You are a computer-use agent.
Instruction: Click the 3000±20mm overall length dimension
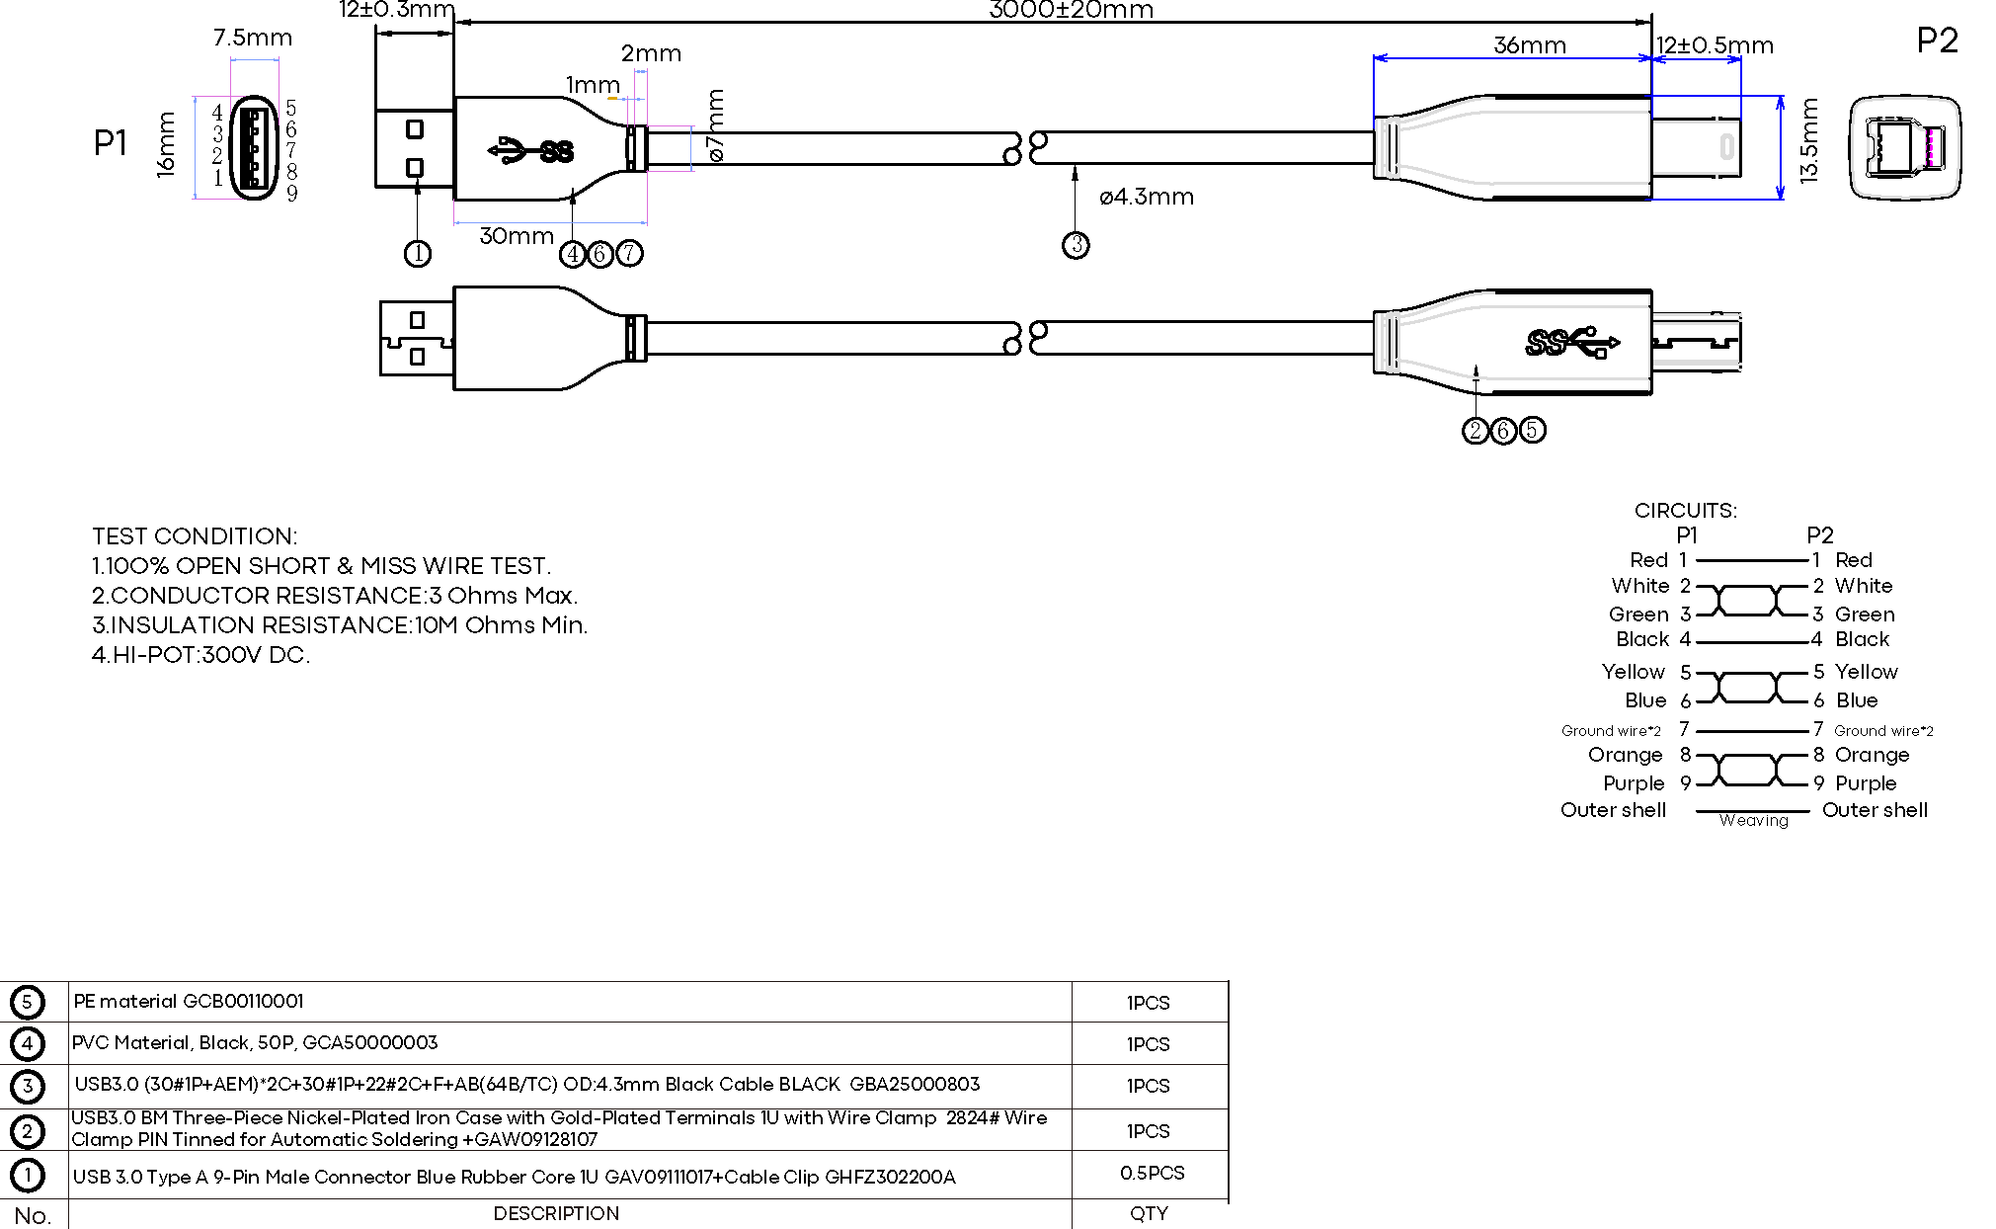(x=1071, y=11)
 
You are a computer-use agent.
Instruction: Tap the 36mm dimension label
(x=1529, y=45)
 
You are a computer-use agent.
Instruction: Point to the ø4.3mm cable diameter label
(x=1146, y=197)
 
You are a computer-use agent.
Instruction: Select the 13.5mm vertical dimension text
(x=1808, y=141)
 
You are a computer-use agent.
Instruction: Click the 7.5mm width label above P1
(x=253, y=39)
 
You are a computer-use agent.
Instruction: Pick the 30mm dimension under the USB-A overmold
(x=516, y=236)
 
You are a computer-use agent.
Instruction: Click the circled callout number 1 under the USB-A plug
(x=418, y=254)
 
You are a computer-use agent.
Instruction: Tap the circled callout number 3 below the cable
(x=1076, y=245)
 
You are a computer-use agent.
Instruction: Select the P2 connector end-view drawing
(x=1903, y=148)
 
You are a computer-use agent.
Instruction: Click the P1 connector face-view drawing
(x=254, y=148)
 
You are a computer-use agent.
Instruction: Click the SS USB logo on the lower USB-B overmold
(x=1571, y=343)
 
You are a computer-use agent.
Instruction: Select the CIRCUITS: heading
(x=1685, y=511)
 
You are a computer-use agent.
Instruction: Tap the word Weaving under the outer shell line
(x=1753, y=821)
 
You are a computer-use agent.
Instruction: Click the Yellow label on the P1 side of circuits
(x=1633, y=672)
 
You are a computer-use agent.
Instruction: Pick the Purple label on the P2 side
(x=1865, y=783)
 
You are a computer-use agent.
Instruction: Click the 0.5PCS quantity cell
(x=1152, y=1173)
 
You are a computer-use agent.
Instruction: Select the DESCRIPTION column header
(x=556, y=1214)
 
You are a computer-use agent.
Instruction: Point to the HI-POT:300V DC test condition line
(x=200, y=655)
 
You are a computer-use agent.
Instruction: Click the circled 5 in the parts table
(x=27, y=1002)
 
